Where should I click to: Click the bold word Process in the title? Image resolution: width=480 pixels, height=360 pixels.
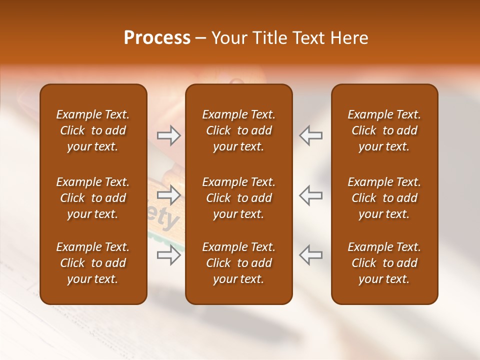tap(157, 38)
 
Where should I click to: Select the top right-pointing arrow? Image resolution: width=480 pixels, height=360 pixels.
tap(169, 135)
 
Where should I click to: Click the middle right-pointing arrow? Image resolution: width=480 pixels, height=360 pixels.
tap(169, 195)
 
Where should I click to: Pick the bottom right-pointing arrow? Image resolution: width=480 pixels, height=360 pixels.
tap(169, 255)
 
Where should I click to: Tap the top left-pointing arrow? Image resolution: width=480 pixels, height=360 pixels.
tap(310, 135)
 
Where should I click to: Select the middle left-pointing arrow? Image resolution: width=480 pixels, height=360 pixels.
tap(310, 195)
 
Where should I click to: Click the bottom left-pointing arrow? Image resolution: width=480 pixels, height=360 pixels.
tap(310, 255)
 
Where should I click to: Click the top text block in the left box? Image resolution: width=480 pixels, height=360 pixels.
tap(93, 130)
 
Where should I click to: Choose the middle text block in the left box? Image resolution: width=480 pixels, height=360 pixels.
tap(93, 198)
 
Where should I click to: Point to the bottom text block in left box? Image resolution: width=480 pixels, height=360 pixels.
tap(93, 263)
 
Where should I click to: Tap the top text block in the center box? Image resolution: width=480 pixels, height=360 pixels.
tap(239, 130)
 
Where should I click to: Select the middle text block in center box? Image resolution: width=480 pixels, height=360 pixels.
tap(239, 198)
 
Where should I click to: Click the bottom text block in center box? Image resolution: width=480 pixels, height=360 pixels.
tap(239, 263)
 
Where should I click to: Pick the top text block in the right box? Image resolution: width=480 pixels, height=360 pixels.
tap(384, 130)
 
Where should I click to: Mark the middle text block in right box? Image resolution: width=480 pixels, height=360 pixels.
tap(384, 198)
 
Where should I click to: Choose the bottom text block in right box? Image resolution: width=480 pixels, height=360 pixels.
tap(384, 263)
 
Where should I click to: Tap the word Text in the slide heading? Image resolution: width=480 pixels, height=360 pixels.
tap(308, 38)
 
